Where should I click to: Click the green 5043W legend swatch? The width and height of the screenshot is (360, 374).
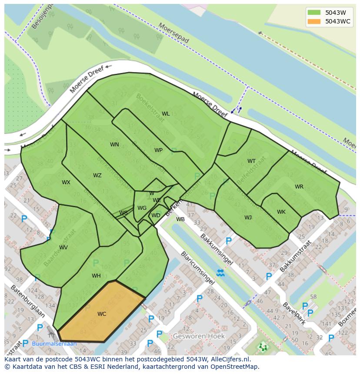(313, 13)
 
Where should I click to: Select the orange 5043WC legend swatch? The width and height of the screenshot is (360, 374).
(313, 21)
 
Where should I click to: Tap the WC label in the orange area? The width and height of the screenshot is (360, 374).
(102, 314)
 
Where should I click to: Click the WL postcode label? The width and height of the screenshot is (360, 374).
(166, 114)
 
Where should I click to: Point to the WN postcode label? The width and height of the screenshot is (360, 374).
(114, 145)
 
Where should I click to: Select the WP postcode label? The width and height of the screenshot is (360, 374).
(158, 150)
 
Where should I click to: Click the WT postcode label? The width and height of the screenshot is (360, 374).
(251, 161)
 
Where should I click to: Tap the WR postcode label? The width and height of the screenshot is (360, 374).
(299, 187)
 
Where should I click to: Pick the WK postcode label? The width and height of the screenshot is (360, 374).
(281, 212)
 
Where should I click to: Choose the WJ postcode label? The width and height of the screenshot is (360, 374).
(248, 218)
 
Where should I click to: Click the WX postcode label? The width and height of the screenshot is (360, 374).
(66, 182)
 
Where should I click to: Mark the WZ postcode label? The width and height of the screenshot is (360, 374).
(97, 175)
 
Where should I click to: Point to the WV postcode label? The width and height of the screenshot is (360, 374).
(63, 248)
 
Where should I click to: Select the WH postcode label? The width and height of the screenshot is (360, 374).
(96, 276)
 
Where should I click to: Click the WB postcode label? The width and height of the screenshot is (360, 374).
(180, 219)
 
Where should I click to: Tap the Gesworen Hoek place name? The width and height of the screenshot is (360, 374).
(199, 336)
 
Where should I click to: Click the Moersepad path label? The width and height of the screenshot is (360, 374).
(174, 33)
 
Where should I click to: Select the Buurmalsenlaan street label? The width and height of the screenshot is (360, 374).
(54, 344)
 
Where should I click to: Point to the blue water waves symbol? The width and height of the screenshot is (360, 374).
(220, 273)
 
